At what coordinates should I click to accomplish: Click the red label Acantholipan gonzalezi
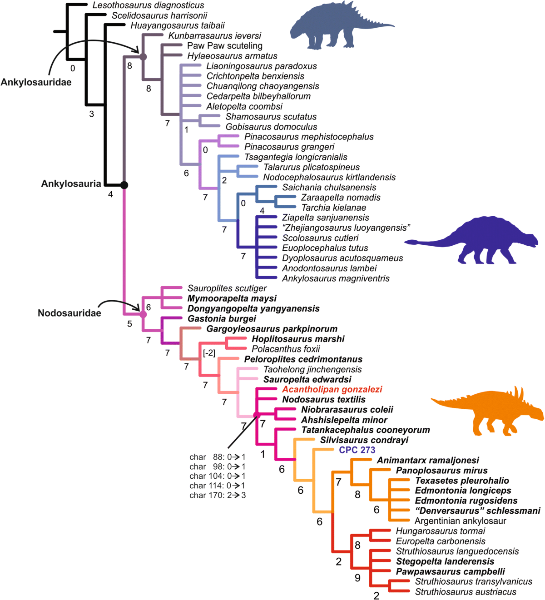coord(332,389)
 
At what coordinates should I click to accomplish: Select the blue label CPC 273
coord(357,450)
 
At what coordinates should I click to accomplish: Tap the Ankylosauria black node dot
coord(124,185)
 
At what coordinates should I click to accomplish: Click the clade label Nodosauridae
coord(69,313)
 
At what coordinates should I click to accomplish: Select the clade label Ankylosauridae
coord(36,82)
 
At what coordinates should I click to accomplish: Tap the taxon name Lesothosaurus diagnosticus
coord(148,5)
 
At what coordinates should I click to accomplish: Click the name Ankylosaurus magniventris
coord(336,278)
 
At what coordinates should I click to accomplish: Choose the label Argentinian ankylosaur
coord(460,521)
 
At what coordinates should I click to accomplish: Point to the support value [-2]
coord(209,353)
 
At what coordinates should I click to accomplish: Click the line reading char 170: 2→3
coord(218,495)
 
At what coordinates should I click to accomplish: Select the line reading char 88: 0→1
coord(218,457)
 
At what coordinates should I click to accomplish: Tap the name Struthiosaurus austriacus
coord(466,592)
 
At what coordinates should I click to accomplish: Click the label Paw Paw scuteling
coord(225,46)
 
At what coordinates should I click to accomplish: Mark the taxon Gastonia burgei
coord(222,319)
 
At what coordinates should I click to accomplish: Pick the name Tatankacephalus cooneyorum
coord(366,430)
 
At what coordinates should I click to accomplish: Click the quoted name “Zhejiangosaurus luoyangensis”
coord(346,228)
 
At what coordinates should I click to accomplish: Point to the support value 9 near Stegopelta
coord(357,578)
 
